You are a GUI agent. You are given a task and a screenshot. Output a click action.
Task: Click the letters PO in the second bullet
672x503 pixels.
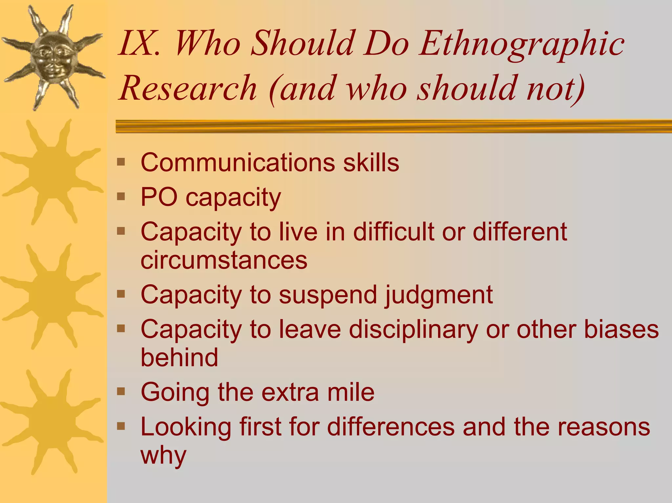tap(159, 197)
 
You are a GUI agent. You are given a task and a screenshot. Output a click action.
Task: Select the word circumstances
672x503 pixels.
tap(224, 260)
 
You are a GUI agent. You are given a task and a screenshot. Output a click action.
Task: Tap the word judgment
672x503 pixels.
tap(439, 295)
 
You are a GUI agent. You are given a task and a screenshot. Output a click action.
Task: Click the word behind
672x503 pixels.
tap(179, 357)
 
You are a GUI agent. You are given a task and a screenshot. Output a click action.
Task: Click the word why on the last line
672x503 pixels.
tap(163, 455)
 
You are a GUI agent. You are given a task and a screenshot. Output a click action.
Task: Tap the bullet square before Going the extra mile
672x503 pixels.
tap(121, 391)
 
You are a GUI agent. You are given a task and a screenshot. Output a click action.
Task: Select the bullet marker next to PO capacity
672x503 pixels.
tap(121, 196)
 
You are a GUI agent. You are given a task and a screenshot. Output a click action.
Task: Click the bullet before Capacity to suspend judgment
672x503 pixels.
tap(121, 293)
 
